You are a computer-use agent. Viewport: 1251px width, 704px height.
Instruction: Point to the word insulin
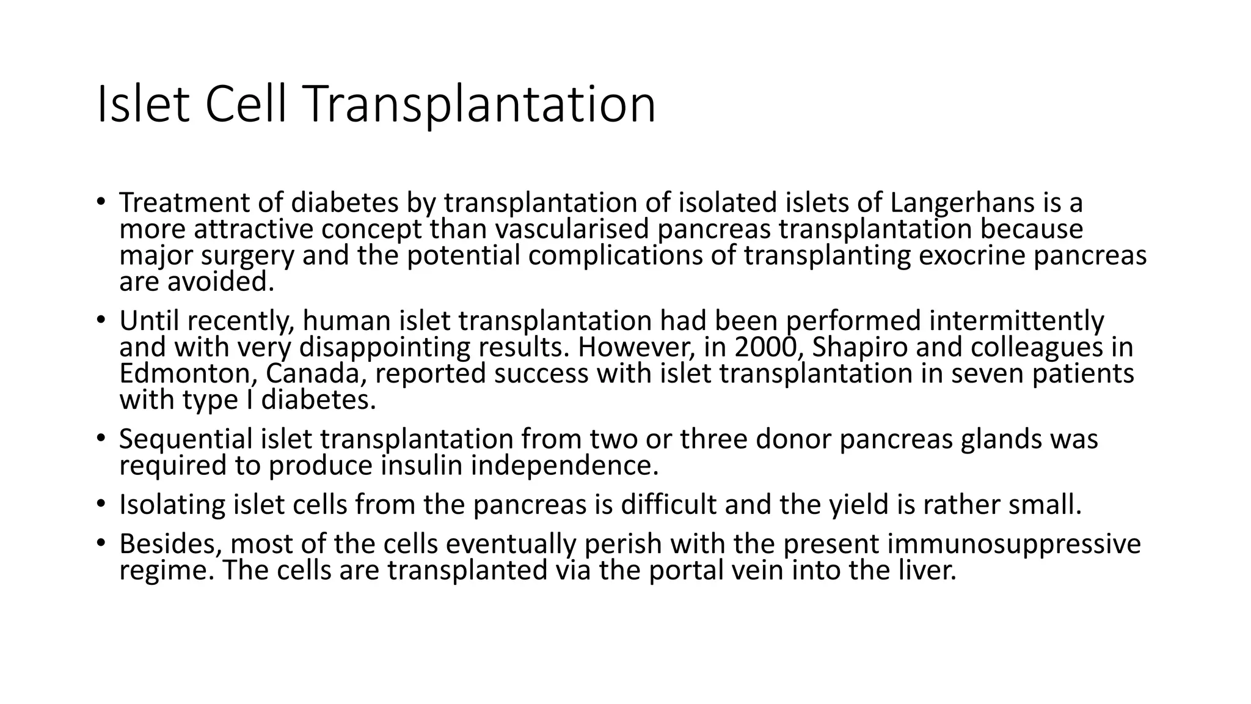(x=421, y=466)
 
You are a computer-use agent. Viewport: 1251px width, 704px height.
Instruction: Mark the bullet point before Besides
(x=101, y=542)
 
